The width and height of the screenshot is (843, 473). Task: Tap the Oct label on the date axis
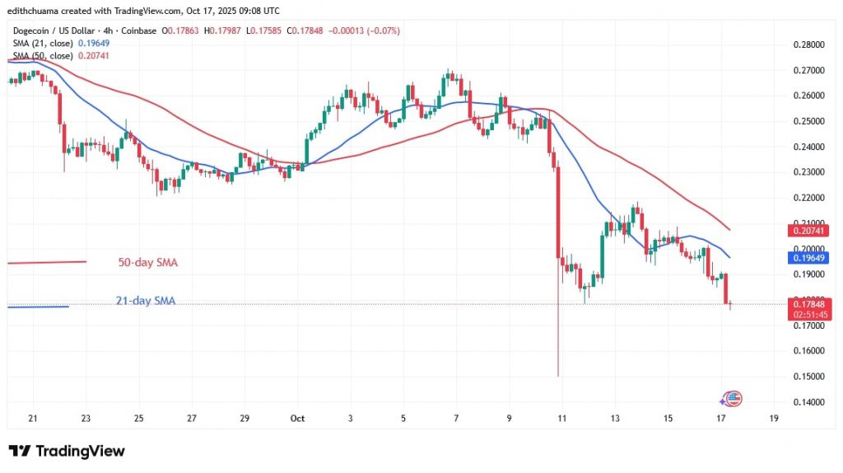coord(298,418)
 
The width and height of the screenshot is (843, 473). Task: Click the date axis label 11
coord(561,418)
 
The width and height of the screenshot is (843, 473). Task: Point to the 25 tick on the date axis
coord(138,418)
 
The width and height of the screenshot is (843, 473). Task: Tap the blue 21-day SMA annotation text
coord(146,301)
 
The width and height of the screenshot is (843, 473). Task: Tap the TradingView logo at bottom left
coord(67,451)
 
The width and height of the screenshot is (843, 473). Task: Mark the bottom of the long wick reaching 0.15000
coord(558,376)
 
